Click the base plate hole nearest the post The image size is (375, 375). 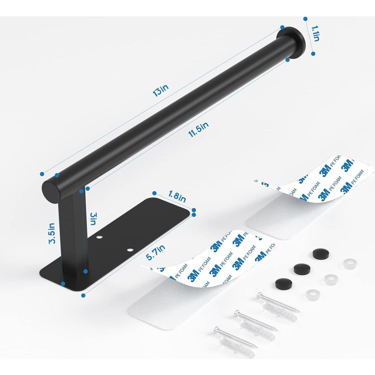pos(99,237)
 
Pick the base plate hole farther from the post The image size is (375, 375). pos(129,250)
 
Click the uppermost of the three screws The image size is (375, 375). pos(277,304)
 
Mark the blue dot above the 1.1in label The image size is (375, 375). pos(305,19)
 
